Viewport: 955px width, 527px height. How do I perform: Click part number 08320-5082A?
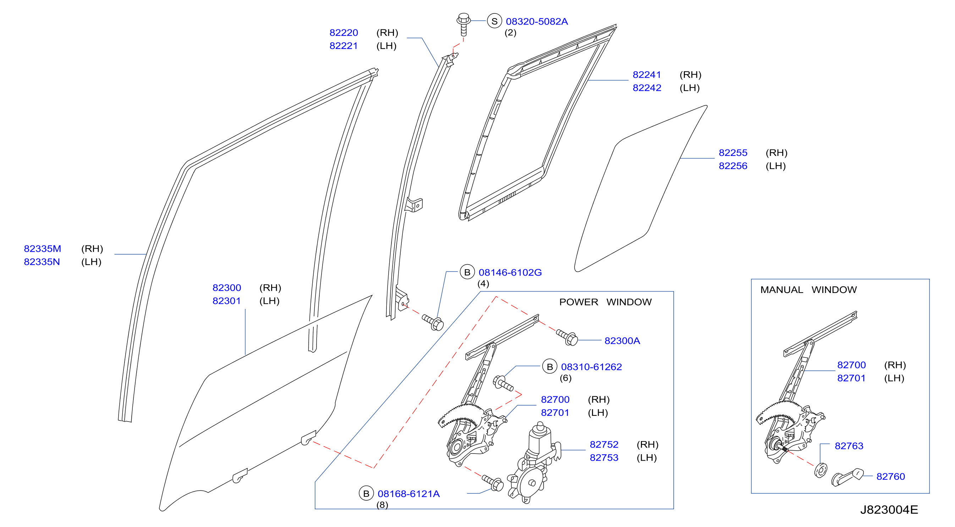click(x=537, y=22)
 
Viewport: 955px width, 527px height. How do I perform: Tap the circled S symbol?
click(x=494, y=21)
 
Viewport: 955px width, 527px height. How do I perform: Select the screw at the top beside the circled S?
click(x=463, y=25)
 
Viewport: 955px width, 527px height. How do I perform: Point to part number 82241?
click(x=647, y=75)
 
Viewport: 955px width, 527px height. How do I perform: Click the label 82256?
click(x=733, y=166)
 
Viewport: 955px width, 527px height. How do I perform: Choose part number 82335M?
click(x=42, y=249)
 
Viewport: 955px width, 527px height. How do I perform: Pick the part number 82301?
click(x=226, y=301)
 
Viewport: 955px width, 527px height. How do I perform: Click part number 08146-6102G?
click(x=510, y=272)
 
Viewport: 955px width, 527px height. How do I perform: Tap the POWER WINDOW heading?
click(x=605, y=302)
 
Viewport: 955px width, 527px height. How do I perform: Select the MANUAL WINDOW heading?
click(x=808, y=290)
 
